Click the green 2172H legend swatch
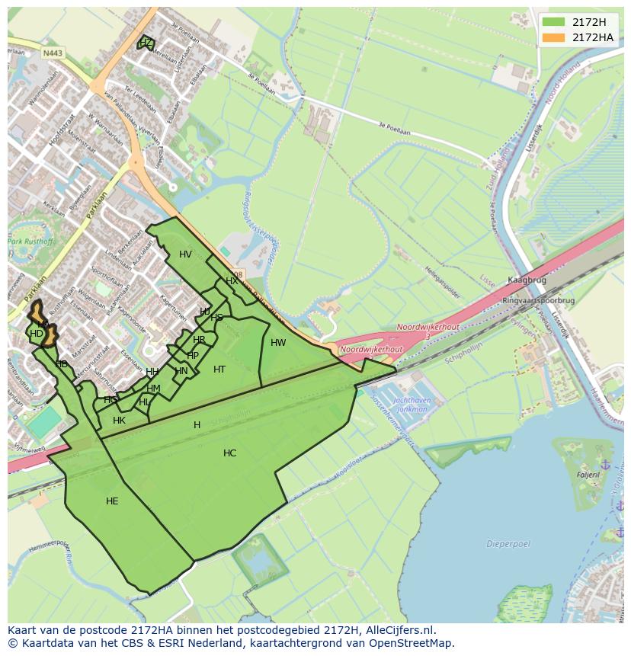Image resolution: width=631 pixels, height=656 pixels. pos(553,22)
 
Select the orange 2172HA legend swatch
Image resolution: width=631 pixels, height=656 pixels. pos(553,37)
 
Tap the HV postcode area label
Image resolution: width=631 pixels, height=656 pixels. pos(185,254)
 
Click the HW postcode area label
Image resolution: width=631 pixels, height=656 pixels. pos(278,343)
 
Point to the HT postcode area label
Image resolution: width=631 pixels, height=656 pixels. pos(219,370)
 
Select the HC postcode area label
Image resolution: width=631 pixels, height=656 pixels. pos(229,453)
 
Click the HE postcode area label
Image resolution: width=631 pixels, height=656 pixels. pos(112,501)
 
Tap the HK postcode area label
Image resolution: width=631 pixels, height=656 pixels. pos(119,421)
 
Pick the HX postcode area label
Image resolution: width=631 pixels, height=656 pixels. pos(232,281)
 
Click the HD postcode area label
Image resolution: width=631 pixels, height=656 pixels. pos(37,334)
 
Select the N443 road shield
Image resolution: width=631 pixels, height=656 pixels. pos(53,53)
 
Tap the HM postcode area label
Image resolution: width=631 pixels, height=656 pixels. pos(153,389)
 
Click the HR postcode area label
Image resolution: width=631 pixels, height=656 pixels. pos(199,340)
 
